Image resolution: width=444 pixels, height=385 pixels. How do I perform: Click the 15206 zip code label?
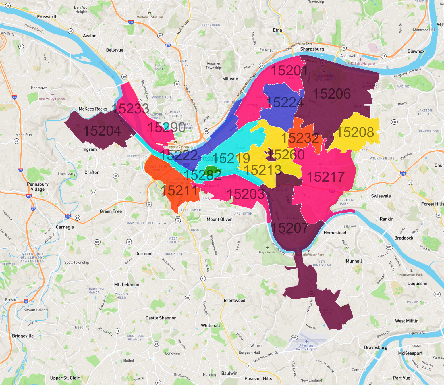pos(332,94)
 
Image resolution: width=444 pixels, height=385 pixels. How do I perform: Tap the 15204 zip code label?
pos(102,131)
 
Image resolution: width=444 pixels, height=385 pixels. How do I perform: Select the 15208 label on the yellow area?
pos(355,132)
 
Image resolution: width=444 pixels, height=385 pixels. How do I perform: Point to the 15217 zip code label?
pos(326,177)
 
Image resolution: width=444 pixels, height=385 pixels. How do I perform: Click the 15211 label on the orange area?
pos(179,190)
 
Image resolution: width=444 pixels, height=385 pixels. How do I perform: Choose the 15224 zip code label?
pos(285,103)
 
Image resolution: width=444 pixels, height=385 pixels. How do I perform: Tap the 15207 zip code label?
pos(289,228)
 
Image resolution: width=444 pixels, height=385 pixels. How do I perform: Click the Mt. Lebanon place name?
pos(127,284)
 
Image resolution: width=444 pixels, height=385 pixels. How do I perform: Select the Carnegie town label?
pos(65,227)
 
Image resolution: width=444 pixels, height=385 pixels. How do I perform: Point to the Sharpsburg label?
pos(312,49)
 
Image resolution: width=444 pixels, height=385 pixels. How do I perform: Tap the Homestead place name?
pos(335,233)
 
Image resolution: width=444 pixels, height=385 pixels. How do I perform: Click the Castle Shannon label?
pos(161,318)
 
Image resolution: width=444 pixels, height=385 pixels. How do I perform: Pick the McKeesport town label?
pos(410,353)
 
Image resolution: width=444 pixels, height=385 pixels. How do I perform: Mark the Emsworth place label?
pos(47,17)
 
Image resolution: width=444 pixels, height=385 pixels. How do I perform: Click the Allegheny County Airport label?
pos(306,347)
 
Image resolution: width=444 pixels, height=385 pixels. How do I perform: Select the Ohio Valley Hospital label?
pos(53,99)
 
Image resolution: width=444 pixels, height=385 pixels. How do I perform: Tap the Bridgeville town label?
pos(23,336)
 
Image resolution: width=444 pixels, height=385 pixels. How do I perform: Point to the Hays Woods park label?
pos(267,252)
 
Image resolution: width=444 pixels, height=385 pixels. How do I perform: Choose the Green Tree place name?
pos(111,211)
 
